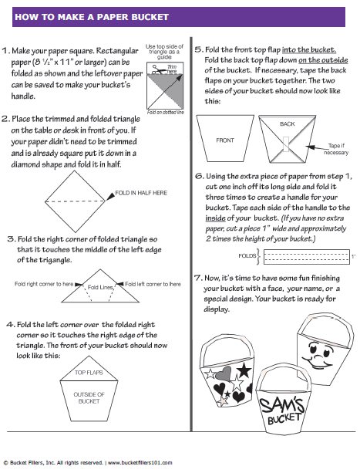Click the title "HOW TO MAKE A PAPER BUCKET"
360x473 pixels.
92,17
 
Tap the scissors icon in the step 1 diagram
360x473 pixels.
158,69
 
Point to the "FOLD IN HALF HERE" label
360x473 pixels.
141,193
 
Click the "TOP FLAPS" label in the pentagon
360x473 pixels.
89,373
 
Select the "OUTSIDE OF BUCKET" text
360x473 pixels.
89,397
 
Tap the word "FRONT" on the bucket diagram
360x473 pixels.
225,140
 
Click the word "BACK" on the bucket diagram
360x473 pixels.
287,124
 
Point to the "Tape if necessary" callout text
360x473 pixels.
336,149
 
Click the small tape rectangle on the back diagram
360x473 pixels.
285,144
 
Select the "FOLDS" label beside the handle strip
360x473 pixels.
247,256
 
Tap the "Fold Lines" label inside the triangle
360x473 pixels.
100,287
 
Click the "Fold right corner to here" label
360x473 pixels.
44,284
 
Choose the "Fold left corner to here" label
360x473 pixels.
153,284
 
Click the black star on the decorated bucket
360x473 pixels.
244,370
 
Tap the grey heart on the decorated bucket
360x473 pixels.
224,373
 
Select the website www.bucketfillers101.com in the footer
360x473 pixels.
140,463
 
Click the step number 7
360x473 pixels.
198,278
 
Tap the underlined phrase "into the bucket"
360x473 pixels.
309,50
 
